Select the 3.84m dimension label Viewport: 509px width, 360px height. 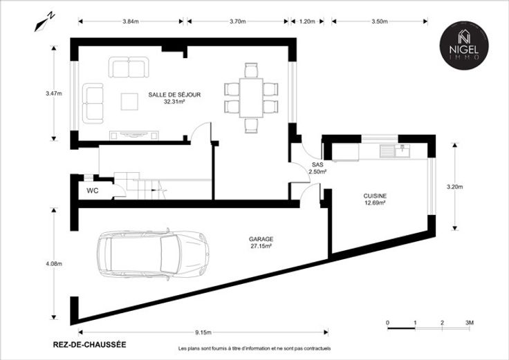(131, 21)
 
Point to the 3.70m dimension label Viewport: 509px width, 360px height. (238, 21)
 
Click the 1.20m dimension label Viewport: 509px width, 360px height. (307, 21)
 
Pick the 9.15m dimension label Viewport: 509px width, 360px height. (203, 332)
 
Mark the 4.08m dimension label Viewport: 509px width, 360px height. (54, 264)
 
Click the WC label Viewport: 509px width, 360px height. (92, 191)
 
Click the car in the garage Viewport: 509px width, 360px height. (153, 254)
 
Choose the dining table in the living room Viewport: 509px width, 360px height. (251, 97)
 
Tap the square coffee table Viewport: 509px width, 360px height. (129, 102)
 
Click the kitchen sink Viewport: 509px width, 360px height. (395, 151)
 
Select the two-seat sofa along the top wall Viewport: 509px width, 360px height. (129, 67)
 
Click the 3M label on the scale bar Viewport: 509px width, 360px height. (470, 323)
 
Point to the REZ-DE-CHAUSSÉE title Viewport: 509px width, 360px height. (89, 344)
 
